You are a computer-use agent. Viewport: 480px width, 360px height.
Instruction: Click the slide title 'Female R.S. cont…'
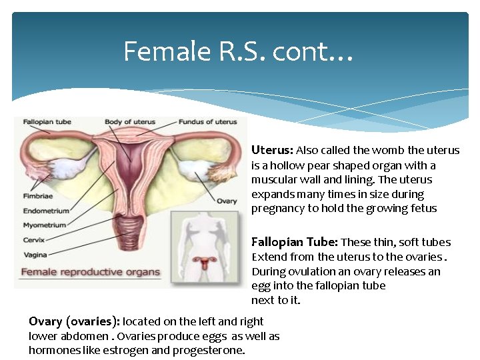point(238,51)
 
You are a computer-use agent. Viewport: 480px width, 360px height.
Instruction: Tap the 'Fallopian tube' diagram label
point(47,122)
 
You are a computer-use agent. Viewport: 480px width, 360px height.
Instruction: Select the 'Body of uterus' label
point(129,122)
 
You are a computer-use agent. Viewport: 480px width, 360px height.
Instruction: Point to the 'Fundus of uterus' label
point(207,122)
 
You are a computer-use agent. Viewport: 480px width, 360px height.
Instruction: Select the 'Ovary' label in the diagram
point(227,201)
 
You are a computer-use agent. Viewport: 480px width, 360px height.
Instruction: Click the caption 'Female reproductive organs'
point(91,272)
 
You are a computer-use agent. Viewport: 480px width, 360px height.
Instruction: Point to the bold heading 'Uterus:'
point(272,151)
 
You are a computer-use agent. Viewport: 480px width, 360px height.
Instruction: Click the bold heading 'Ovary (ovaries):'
point(74,321)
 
